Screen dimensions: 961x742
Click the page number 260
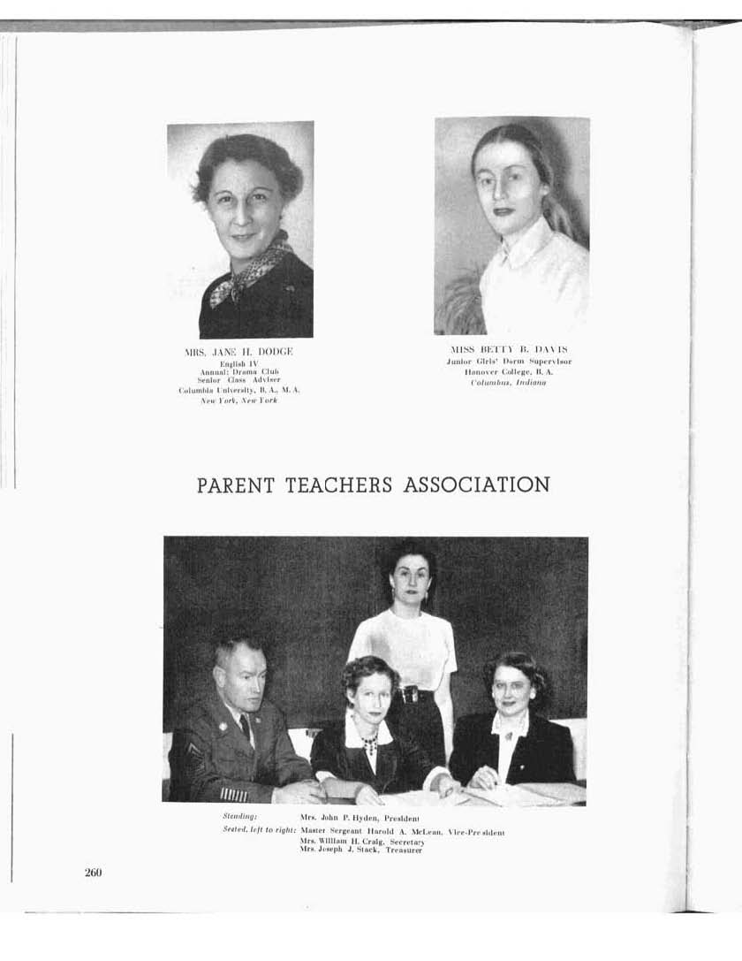pyautogui.click(x=94, y=873)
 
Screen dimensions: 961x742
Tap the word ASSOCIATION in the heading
pyautogui.click(x=477, y=484)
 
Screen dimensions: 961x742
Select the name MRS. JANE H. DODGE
pyautogui.click(x=238, y=352)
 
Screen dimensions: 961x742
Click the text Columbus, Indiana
pyautogui.click(x=508, y=383)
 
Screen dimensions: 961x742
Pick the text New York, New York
pyautogui.click(x=238, y=400)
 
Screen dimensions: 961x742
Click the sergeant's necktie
pyautogui.click(x=245, y=729)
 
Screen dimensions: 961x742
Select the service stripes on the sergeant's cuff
pyautogui.click(x=233, y=794)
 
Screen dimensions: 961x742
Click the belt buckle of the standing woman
pyautogui.click(x=410, y=695)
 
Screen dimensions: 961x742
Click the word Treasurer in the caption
pyautogui.click(x=403, y=850)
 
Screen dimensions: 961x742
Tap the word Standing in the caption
pyautogui.click(x=239, y=818)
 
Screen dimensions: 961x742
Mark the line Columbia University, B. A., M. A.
pyautogui.click(x=238, y=390)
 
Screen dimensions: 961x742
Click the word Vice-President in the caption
pyautogui.click(x=475, y=832)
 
